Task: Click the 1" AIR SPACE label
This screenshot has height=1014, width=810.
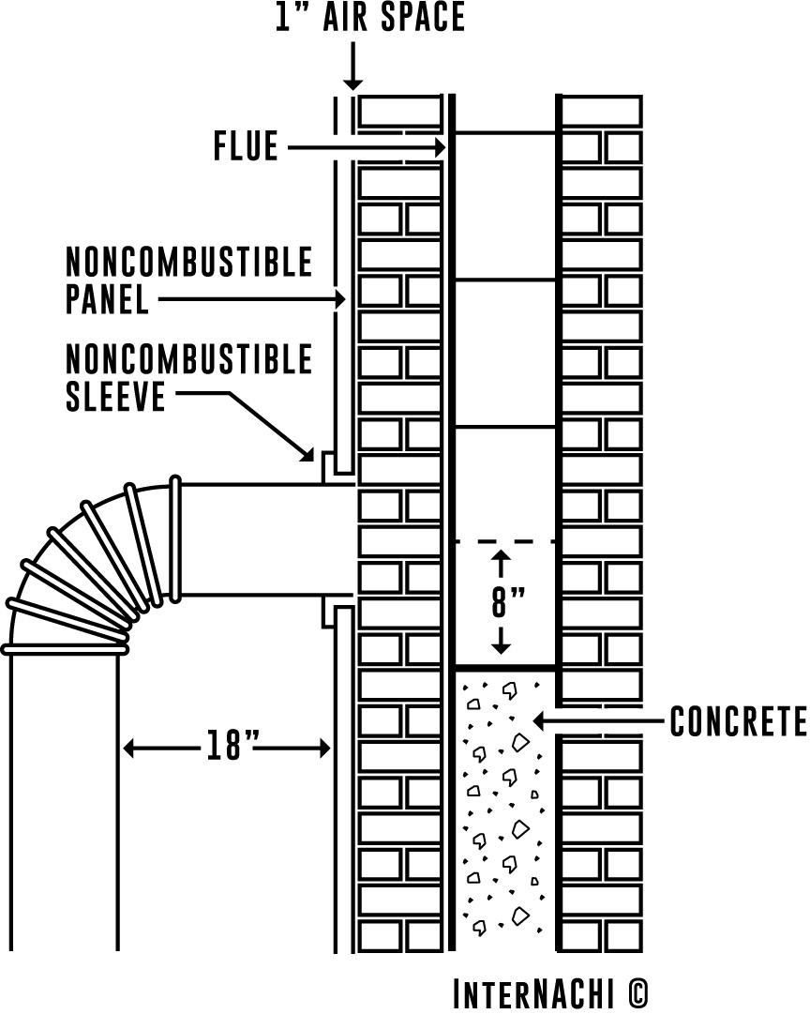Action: tap(369, 18)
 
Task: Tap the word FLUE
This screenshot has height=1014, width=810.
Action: tap(246, 147)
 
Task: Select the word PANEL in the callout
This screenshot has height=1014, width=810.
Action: tap(107, 300)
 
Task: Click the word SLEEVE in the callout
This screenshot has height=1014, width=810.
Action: tap(115, 397)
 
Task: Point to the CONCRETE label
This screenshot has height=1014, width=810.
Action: tap(739, 722)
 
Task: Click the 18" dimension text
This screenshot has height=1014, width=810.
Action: tap(227, 749)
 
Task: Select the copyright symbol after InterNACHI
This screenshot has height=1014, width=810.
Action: tap(637, 992)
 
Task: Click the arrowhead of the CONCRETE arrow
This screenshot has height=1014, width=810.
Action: tap(538, 721)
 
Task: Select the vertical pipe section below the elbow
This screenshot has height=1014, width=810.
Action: tap(64, 797)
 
